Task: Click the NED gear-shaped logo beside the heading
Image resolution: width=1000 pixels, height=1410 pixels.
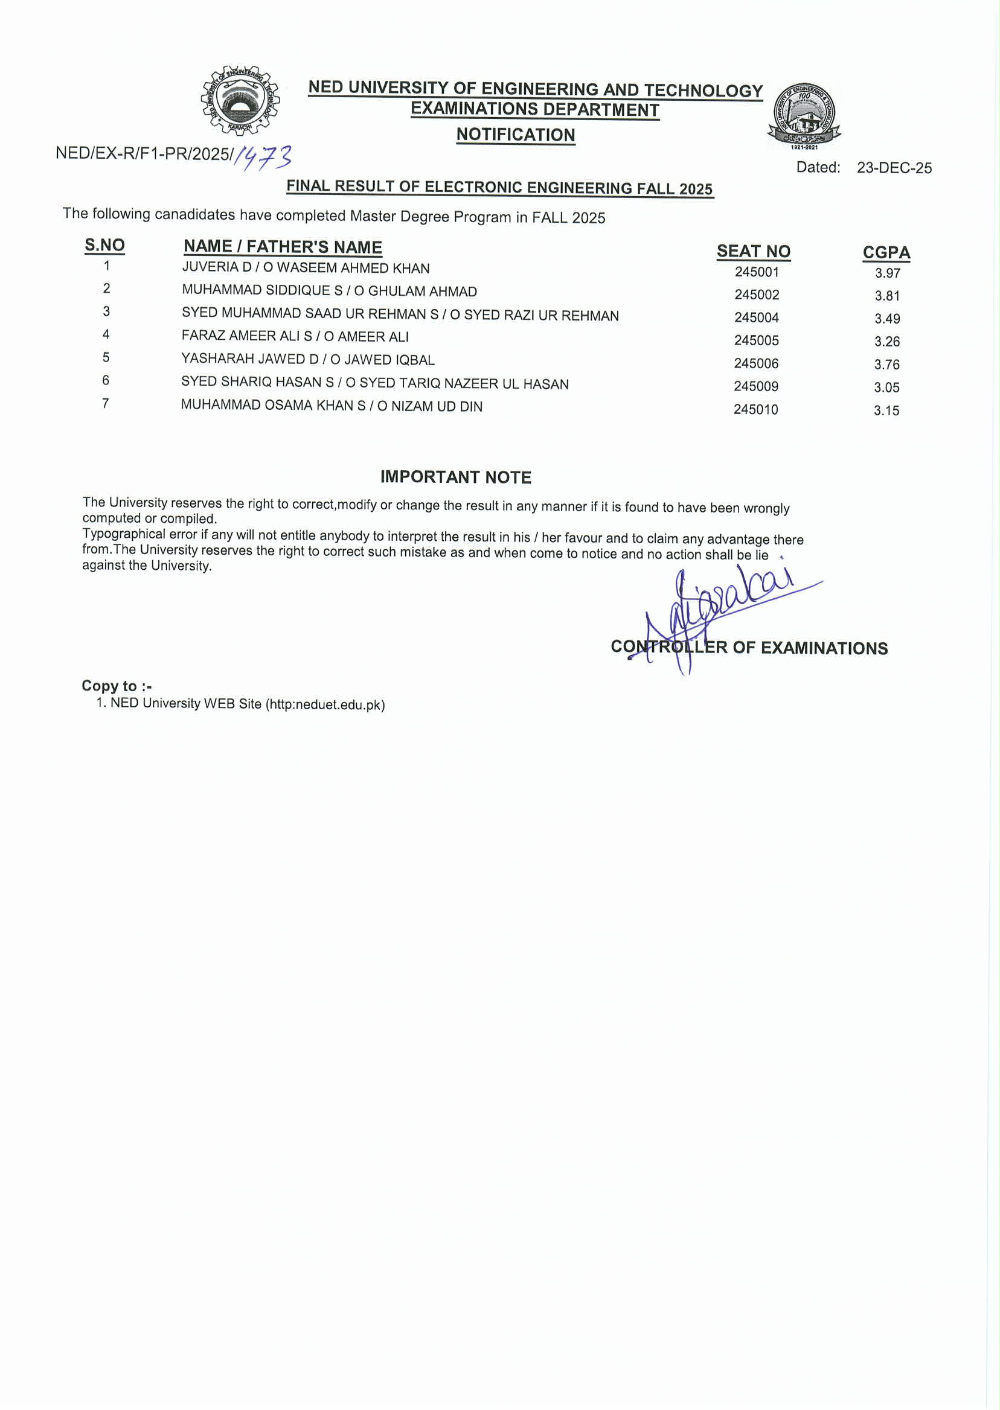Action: [240, 100]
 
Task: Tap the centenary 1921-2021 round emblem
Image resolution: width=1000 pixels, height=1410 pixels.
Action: [804, 115]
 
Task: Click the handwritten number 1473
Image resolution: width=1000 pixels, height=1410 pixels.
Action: [263, 158]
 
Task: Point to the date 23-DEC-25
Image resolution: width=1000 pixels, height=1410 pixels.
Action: [894, 168]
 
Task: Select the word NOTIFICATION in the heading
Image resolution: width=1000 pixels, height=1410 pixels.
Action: [515, 135]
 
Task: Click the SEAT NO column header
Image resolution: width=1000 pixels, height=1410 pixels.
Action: [753, 251]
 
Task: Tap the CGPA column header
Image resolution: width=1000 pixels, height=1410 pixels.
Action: [885, 252]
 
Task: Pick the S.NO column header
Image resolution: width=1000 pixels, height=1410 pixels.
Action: [104, 245]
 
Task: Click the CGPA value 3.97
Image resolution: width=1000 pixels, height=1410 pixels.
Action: [887, 273]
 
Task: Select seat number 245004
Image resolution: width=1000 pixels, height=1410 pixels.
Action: [756, 317]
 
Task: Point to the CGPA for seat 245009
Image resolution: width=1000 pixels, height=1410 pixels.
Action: [886, 388]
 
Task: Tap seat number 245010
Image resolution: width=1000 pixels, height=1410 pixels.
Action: [755, 409]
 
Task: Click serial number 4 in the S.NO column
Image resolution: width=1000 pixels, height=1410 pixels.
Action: [106, 334]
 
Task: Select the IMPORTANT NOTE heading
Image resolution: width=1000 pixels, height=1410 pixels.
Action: [456, 477]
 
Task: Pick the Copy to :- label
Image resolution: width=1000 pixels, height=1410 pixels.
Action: [117, 686]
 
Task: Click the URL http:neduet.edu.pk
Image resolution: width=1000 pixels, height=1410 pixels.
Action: [325, 704]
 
